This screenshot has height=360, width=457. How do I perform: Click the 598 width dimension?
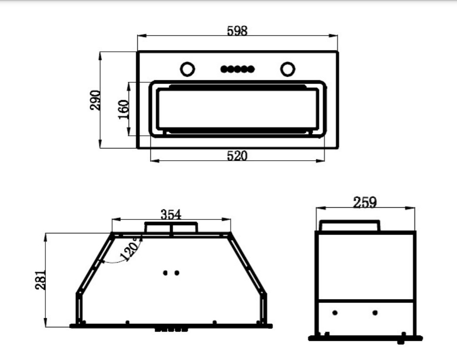coord(237,30)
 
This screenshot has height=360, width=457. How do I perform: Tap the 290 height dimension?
coord(95,100)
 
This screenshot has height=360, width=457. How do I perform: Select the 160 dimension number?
coord(123,109)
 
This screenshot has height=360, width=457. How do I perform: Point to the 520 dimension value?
coord(237,156)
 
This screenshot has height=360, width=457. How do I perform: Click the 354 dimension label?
coord(171,215)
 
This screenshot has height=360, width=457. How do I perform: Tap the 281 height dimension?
coord(41,280)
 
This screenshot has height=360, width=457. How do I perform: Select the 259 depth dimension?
coord(365,202)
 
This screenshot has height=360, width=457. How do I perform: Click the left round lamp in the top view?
coord(187,69)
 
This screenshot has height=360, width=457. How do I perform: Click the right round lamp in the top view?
coord(288,69)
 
